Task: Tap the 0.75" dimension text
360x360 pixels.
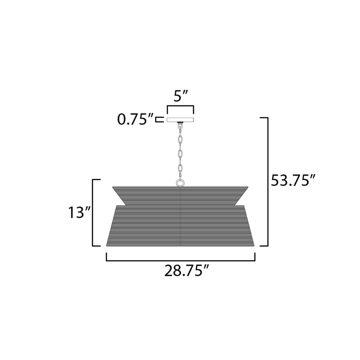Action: [135, 120]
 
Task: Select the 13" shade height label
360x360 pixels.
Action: [80, 212]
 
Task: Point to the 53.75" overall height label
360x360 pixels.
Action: [293, 180]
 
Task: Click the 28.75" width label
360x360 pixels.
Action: [186, 271]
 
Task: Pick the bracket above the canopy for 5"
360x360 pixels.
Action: [180, 106]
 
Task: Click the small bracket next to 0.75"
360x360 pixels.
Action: [160, 120]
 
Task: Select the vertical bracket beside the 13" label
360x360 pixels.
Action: [93, 213]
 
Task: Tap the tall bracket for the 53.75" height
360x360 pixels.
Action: [268, 181]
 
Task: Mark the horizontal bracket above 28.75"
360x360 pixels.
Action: [180, 261]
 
